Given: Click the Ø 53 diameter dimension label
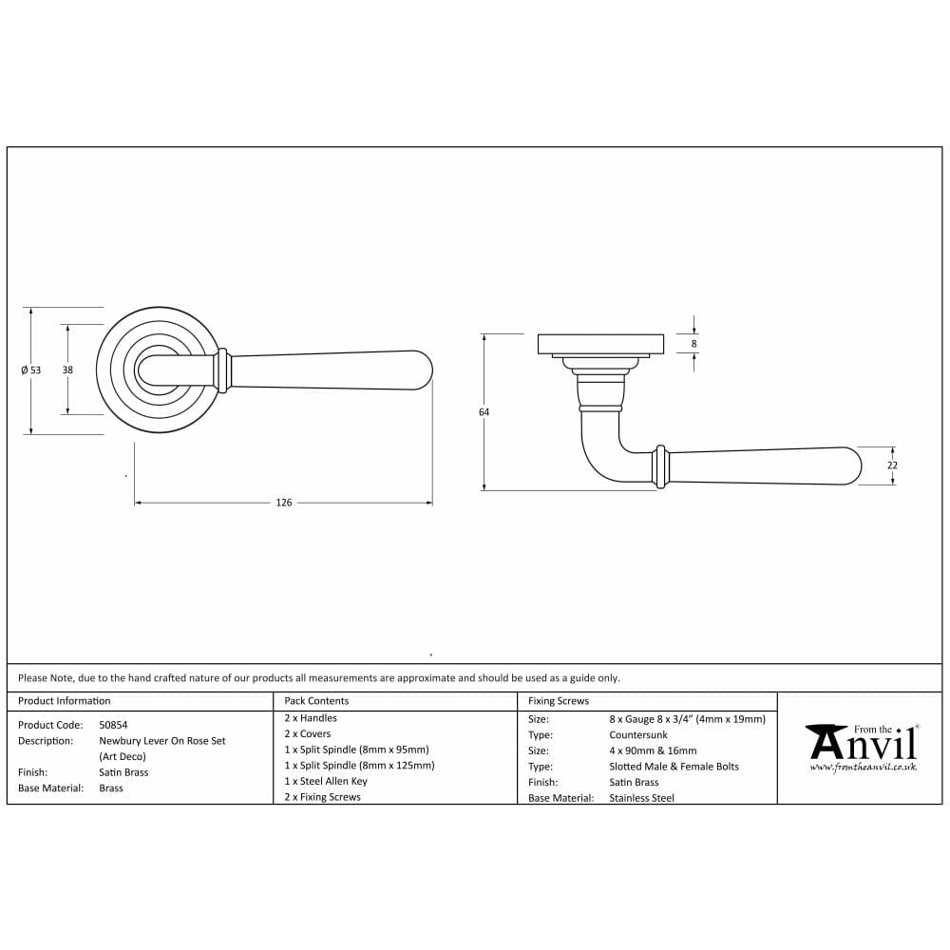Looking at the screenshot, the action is tap(31, 370).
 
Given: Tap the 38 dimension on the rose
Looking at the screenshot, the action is tap(67, 370).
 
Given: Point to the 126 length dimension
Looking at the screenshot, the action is tap(283, 503).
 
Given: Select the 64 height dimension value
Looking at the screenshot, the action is tap(484, 412).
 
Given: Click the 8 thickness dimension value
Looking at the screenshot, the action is tap(693, 344).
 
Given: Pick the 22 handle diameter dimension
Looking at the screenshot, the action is tap(892, 465).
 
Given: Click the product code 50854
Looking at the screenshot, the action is tap(113, 725).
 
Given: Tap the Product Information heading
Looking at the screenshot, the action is tap(65, 701).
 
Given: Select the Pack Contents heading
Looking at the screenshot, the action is tap(316, 701).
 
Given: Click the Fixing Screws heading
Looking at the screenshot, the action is tap(558, 701).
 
